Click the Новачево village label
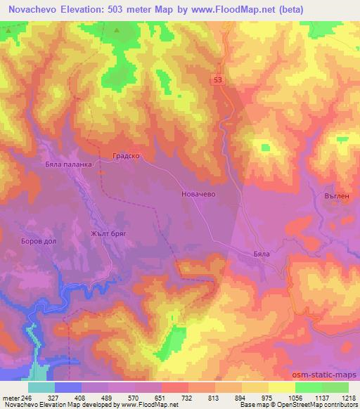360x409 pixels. pyautogui.click(x=198, y=191)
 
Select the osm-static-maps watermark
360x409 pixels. pyautogui.click(x=326, y=376)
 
